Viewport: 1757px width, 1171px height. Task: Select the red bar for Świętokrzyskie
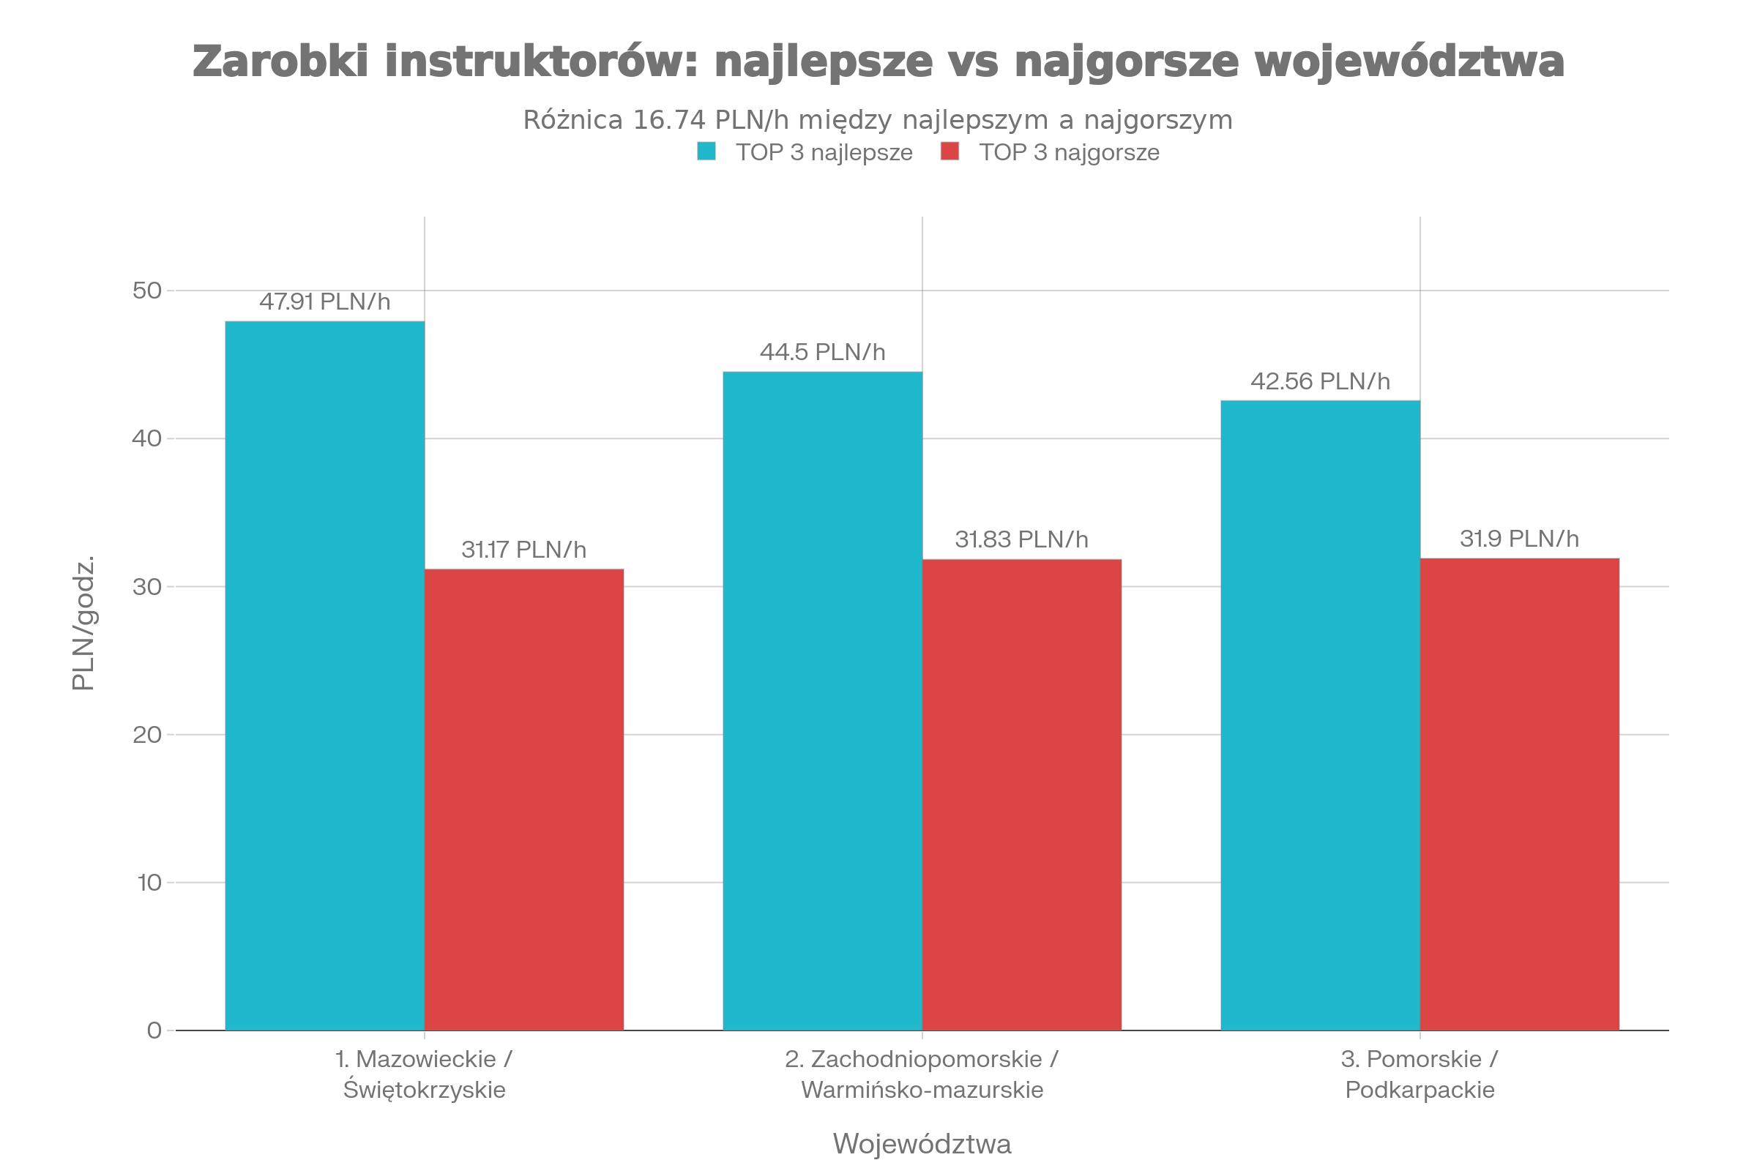523,799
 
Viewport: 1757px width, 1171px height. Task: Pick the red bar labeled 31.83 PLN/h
1021,795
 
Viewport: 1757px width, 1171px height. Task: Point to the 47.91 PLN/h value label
324,302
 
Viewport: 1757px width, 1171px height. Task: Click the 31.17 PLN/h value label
523,550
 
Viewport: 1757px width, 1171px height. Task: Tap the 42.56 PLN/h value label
1320,381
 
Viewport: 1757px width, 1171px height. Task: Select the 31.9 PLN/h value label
1520,539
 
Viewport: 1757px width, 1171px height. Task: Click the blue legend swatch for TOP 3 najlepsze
706,151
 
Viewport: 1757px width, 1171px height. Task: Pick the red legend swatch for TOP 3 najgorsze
950,151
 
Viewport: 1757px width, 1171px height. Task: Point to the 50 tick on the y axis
147,291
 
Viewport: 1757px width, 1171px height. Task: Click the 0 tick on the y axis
154,1030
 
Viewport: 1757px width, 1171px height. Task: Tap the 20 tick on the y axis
147,735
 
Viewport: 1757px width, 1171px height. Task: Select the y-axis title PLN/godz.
83,624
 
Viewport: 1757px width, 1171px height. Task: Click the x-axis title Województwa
922,1143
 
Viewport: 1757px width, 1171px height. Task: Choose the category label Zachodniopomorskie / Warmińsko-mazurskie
922,1074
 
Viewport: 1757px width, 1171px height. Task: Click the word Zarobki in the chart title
280,61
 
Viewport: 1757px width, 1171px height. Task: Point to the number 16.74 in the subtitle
669,120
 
